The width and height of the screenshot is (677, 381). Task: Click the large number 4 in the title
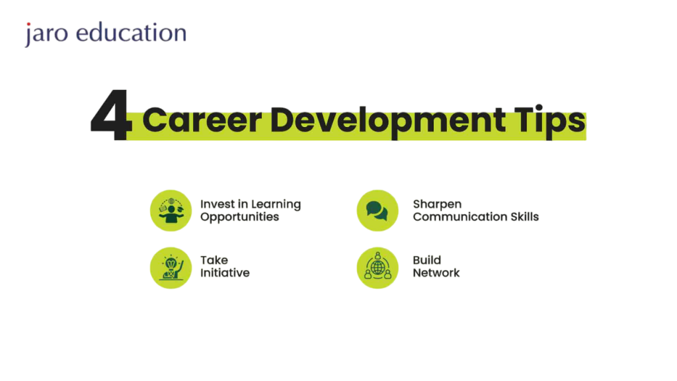[x=110, y=114]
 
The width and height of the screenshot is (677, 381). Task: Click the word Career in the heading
[x=202, y=120]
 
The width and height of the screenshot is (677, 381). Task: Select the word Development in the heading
[x=387, y=122]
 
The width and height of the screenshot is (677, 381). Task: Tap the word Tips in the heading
[x=551, y=122]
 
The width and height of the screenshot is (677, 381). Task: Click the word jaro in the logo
[x=47, y=34]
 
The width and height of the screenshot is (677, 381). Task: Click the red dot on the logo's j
[x=28, y=24]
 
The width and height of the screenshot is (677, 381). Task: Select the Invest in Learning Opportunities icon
[x=171, y=210]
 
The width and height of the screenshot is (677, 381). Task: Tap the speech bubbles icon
[x=378, y=210]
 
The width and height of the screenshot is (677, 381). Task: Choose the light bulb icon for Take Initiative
[x=171, y=268]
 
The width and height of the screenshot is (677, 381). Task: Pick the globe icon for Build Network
[x=378, y=268]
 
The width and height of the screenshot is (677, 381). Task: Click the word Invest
[x=217, y=204]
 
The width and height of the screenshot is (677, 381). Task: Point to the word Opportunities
[x=239, y=217]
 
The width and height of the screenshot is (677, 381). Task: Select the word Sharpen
[x=437, y=204]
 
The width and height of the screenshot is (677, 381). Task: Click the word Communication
[x=460, y=216]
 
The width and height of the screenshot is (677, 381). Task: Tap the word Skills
[x=524, y=216]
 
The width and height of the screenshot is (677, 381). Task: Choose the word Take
[x=214, y=260]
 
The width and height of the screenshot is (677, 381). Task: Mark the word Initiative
[x=225, y=273]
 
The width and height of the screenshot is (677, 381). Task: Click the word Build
[x=426, y=260]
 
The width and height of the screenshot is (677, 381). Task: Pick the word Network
[x=436, y=273]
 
